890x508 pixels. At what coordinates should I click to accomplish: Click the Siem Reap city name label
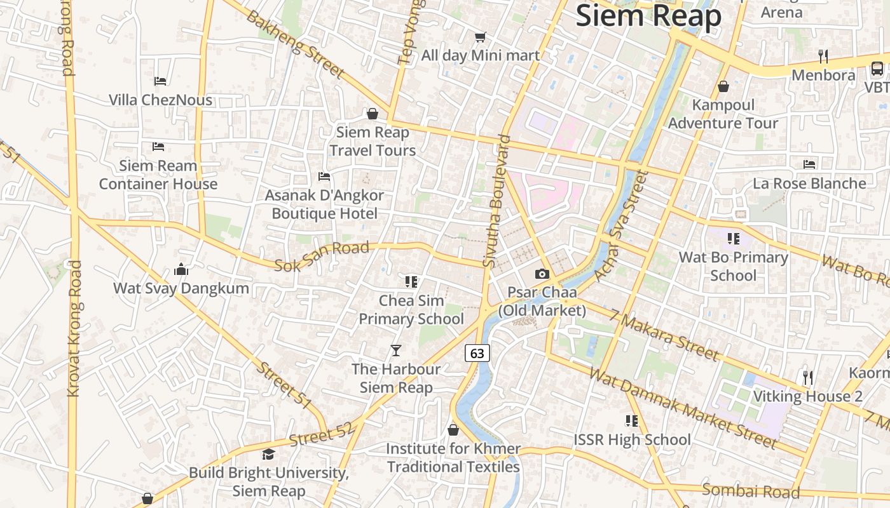pyautogui.click(x=648, y=16)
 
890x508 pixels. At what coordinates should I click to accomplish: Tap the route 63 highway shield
pyautogui.click(x=477, y=353)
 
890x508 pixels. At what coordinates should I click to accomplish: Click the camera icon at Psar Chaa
pyautogui.click(x=542, y=274)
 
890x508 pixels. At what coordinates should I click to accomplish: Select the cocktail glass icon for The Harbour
pyautogui.click(x=395, y=350)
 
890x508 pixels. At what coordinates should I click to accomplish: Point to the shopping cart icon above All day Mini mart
pyautogui.click(x=481, y=37)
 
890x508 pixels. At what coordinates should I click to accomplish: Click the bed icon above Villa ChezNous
pyautogui.click(x=160, y=81)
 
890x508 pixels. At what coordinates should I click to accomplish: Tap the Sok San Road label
pyautogui.click(x=322, y=256)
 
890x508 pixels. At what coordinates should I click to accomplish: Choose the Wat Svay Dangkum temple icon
pyautogui.click(x=181, y=270)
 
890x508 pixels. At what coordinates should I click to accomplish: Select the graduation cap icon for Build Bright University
pyautogui.click(x=268, y=455)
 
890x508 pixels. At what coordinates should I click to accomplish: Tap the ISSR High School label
pyautogui.click(x=632, y=439)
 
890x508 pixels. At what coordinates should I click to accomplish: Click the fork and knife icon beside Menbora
pyautogui.click(x=823, y=57)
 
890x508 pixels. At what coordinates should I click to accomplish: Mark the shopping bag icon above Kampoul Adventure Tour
pyautogui.click(x=723, y=86)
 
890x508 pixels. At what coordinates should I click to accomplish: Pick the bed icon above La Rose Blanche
pyautogui.click(x=809, y=164)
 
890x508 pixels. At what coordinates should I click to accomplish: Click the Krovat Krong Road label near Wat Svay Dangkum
pyautogui.click(x=75, y=329)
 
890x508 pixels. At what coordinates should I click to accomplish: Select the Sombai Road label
pyautogui.click(x=751, y=491)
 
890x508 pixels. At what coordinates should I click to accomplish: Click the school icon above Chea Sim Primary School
pyautogui.click(x=411, y=281)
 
